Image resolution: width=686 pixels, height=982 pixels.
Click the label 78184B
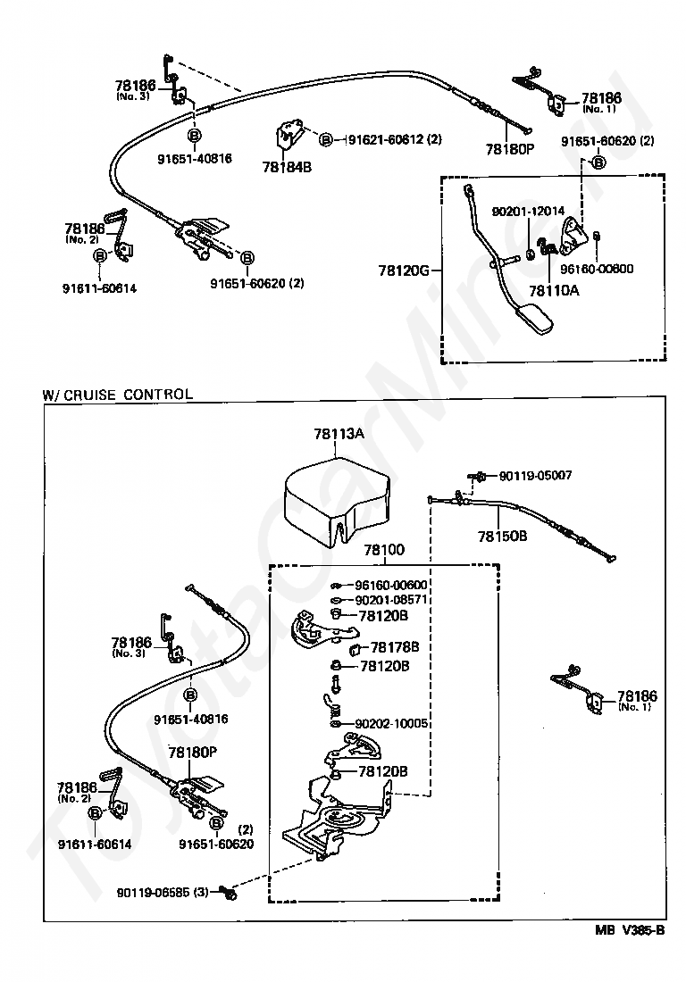click(x=286, y=166)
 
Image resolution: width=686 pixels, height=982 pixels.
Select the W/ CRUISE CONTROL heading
click(x=117, y=394)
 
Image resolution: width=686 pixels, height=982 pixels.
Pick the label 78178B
click(x=394, y=646)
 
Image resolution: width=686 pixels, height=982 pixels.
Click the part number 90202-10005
click(x=391, y=724)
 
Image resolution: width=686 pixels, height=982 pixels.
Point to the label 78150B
click(x=502, y=537)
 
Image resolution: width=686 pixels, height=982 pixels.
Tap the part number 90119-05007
click(x=535, y=476)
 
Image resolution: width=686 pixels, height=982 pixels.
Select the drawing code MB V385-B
click(x=631, y=930)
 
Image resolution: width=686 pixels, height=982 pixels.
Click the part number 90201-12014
click(x=528, y=212)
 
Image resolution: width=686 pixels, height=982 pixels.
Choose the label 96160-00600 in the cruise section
click(x=391, y=586)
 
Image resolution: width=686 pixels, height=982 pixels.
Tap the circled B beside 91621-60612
click(x=326, y=140)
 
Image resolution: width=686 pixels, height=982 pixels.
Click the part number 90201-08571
click(x=391, y=600)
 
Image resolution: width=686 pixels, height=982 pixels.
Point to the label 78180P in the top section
click(x=509, y=148)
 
